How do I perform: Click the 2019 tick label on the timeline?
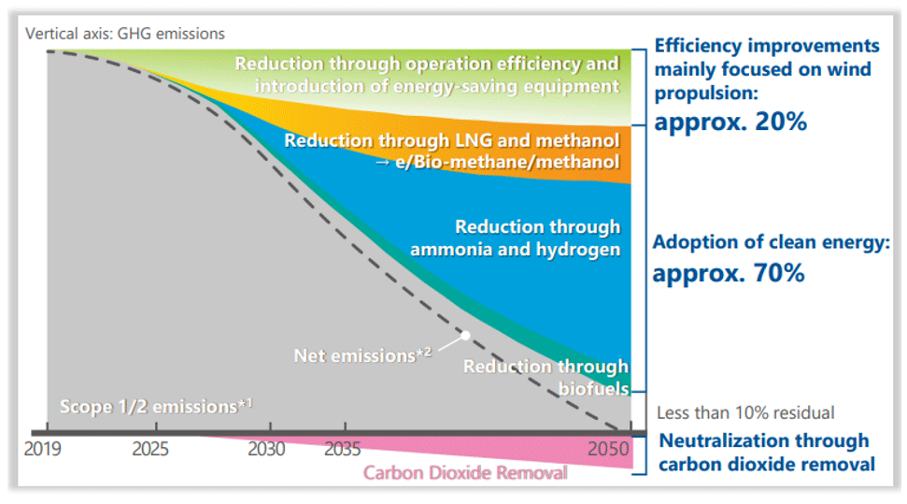pyautogui.click(x=43, y=449)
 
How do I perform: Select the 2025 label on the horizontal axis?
pyautogui.click(x=149, y=449)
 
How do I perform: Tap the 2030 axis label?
pyautogui.click(x=266, y=449)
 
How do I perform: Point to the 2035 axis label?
pyautogui.click(x=342, y=449)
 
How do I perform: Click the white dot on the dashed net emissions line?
pyautogui.click(x=464, y=334)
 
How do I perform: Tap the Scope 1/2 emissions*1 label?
pyautogui.click(x=156, y=407)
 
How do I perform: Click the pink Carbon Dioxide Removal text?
pyautogui.click(x=464, y=472)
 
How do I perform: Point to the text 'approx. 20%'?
pyautogui.click(x=730, y=122)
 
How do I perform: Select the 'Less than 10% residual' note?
pyautogui.click(x=745, y=412)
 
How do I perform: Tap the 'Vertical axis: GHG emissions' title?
pyautogui.click(x=125, y=34)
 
